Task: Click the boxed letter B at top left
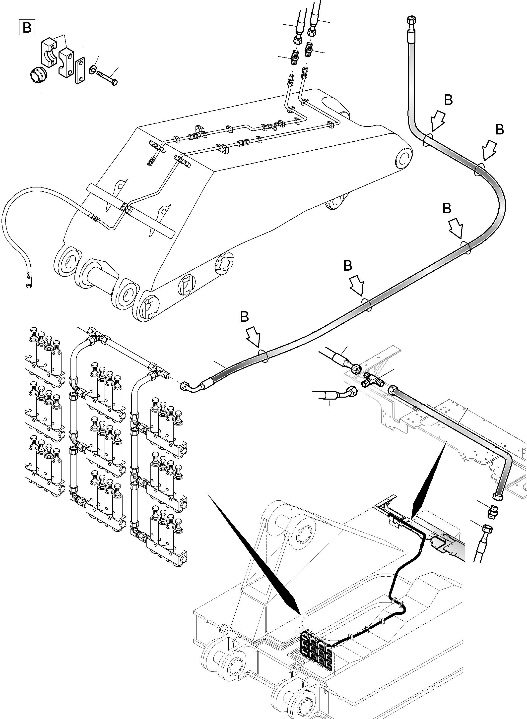(27, 27)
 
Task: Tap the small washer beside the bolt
(92, 68)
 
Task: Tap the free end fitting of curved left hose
(29, 285)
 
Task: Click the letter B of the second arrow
(500, 129)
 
